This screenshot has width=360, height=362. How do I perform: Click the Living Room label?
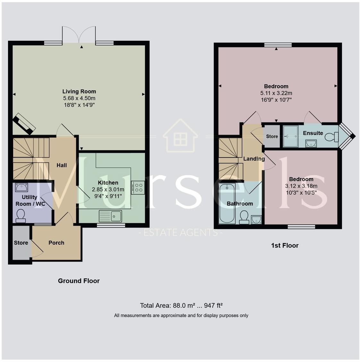pyautogui.click(x=79, y=91)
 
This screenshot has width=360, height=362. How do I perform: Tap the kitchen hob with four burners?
pyautogui.click(x=138, y=188)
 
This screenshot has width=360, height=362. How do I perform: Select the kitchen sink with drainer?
pyautogui.click(x=110, y=216)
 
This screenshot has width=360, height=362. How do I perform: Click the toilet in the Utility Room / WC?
pyautogui.click(x=21, y=216)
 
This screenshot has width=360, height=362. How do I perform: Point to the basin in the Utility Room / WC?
pyautogui.click(x=21, y=187)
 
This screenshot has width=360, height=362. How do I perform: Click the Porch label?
pyautogui.click(x=56, y=243)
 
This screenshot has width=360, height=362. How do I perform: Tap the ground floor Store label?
pyautogui.click(x=21, y=243)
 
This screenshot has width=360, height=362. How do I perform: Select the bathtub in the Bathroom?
pyautogui.click(x=227, y=203)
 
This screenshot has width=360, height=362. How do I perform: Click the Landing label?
pyautogui.click(x=254, y=159)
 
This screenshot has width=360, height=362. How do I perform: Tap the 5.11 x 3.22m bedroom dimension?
pyautogui.click(x=276, y=93)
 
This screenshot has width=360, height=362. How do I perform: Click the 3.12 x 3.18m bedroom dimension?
pyautogui.click(x=301, y=186)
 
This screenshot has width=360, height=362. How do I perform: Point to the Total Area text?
pyautogui.click(x=181, y=306)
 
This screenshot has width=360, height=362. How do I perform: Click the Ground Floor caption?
pyautogui.click(x=79, y=281)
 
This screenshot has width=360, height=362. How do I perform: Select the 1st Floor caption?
pyautogui.click(x=285, y=246)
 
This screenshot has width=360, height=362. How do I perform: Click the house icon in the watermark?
pyautogui.click(x=180, y=136)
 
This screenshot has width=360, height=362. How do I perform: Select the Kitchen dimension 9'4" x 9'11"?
pyautogui.click(x=108, y=196)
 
